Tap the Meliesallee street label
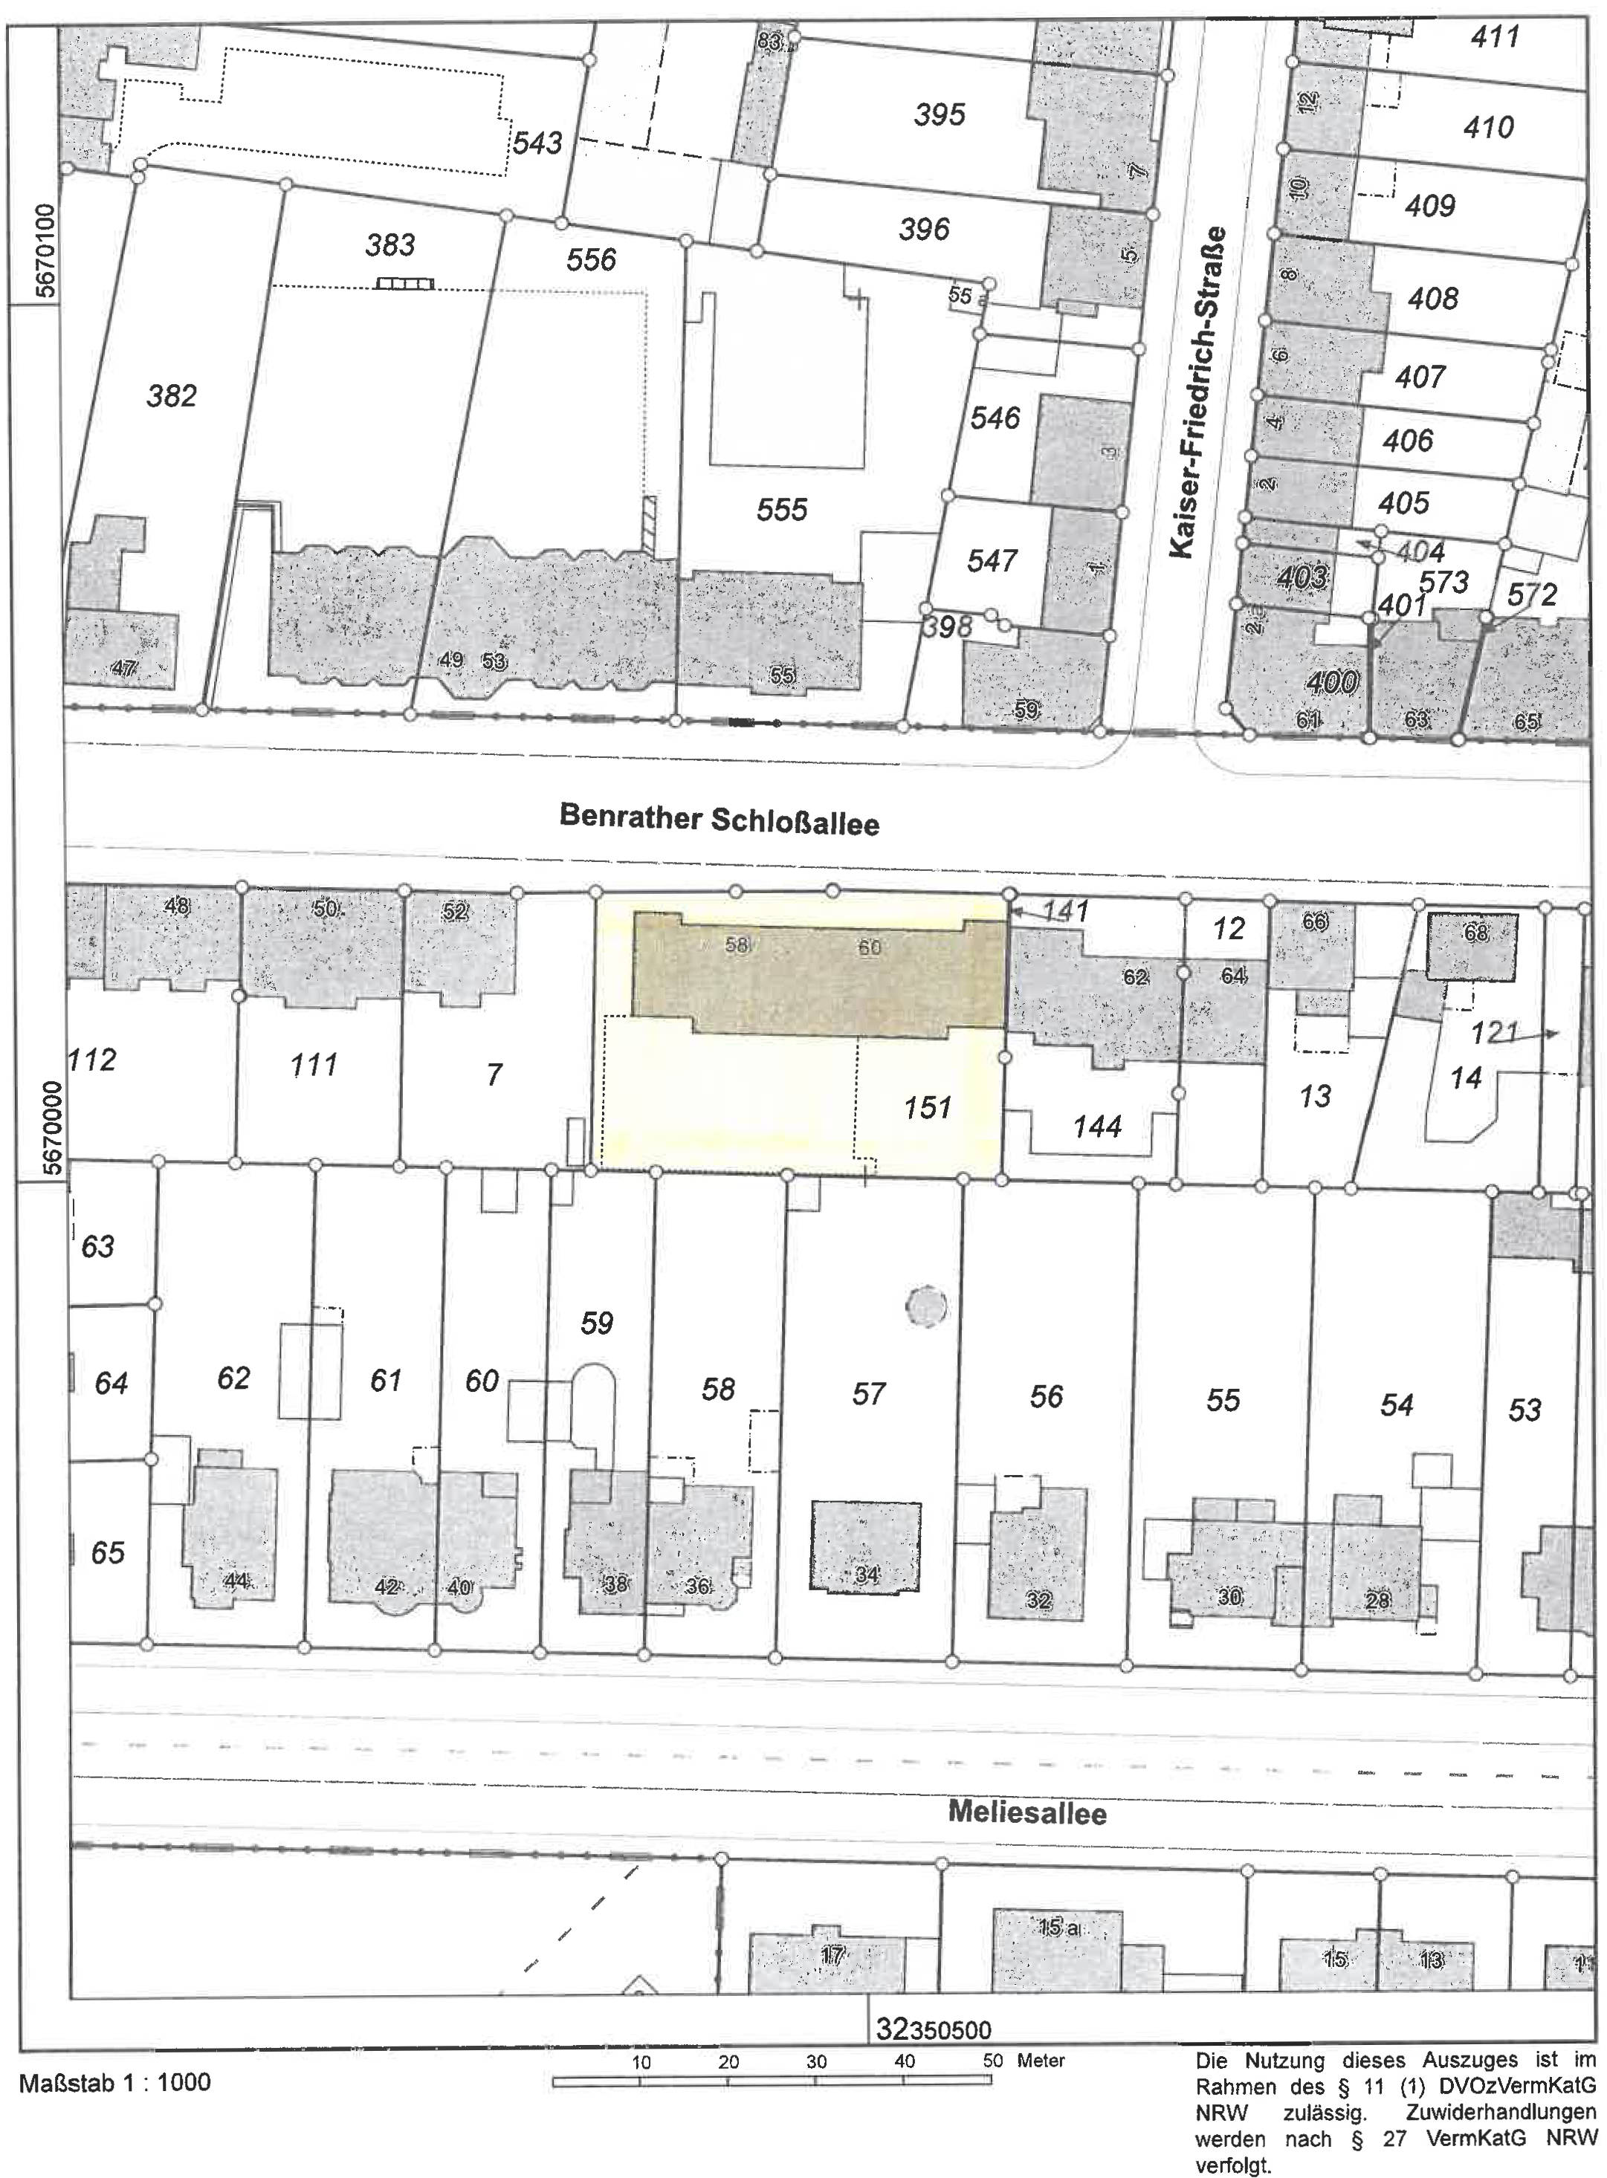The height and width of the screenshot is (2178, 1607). click(x=1027, y=1812)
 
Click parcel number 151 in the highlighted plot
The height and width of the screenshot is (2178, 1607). click(x=926, y=1106)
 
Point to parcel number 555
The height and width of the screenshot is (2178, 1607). click(x=782, y=510)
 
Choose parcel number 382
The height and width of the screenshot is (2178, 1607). click(x=171, y=396)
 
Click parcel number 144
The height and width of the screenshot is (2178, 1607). click(x=1097, y=1127)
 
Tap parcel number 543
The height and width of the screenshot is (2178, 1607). click(x=537, y=143)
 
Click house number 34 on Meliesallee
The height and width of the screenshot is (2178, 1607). click(x=866, y=1574)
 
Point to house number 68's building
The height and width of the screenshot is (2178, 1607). click(x=1474, y=944)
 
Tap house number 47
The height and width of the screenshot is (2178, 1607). click(x=125, y=668)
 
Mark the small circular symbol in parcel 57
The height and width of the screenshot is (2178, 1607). click(x=925, y=1307)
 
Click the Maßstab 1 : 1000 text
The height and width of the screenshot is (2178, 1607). click(x=114, y=2081)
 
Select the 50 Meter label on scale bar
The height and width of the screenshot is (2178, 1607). click(x=1024, y=2061)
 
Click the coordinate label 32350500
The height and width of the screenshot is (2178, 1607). click(x=934, y=2029)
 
